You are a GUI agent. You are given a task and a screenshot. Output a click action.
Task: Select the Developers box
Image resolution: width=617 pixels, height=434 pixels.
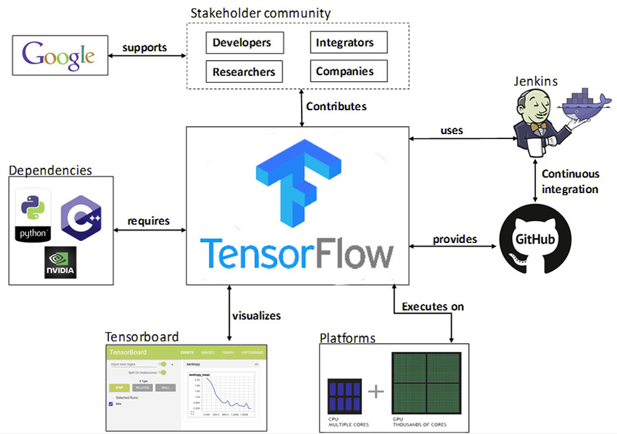[x=242, y=42]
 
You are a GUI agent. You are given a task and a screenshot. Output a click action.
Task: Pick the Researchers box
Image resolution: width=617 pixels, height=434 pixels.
[x=243, y=71]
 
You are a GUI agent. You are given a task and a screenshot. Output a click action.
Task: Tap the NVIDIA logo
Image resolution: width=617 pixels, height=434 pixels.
[x=60, y=261]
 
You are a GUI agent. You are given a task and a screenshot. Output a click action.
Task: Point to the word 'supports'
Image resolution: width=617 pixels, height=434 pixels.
[x=144, y=48]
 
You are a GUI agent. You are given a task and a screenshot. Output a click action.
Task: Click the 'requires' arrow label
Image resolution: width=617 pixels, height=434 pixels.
[x=148, y=221]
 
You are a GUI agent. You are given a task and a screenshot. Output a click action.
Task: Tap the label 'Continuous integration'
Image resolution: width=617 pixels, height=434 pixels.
[x=570, y=181]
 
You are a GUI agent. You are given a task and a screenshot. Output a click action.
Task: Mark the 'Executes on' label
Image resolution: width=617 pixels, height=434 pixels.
[x=433, y=306]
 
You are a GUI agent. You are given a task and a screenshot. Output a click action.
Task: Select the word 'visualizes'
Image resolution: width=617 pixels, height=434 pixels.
[x=256, y=316]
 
